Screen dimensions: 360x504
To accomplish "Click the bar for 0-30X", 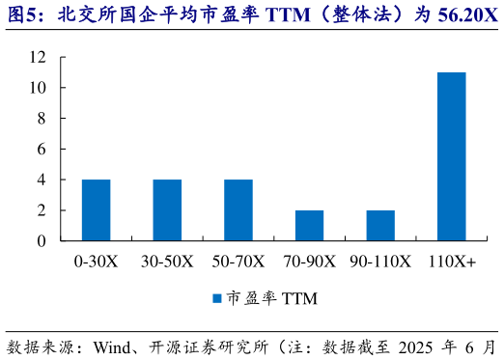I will (x=96, y=209).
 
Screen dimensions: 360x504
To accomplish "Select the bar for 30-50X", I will (x=167, y=209).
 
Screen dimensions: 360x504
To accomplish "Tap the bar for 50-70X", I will (x=238, y=209).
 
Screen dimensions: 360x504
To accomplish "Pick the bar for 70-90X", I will (x=309, y=225).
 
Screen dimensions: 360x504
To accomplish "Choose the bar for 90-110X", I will (x=380, y=225).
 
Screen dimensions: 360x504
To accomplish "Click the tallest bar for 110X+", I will (x=451, y=156).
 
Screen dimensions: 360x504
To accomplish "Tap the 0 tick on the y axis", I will (x=42, y=240).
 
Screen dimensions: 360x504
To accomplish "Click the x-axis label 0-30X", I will (x=96, y=262).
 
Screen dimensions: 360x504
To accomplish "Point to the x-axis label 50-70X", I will (x=238, y=262).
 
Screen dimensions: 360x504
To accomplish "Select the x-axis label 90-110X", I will (x=380, y=262).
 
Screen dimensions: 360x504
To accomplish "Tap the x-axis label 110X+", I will (x=451, y=262).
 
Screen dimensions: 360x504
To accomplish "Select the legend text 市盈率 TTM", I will (x=272, y=299).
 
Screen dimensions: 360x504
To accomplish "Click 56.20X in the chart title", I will (x=459, y=15).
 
